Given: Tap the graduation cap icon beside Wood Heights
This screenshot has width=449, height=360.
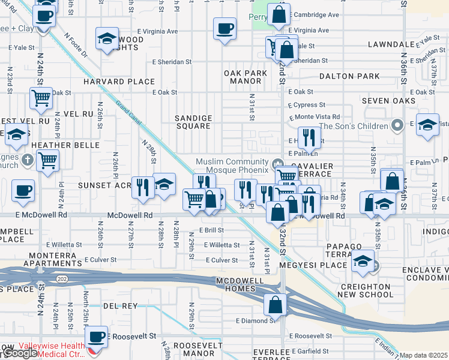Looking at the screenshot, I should (107, 40).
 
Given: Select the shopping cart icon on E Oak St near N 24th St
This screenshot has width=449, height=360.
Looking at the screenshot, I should (41, 97).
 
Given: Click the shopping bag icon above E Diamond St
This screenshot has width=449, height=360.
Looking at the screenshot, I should (275, 305).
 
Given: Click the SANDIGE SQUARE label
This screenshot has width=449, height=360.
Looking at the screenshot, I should (193, 122).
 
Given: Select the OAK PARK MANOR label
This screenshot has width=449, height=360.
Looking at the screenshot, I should (246, 77).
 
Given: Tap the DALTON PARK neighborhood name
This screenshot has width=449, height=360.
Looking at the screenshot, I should (349, 76).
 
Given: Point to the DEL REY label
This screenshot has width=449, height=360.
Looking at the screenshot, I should (120, 306).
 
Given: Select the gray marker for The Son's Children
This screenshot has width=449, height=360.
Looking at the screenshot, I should (396, 125).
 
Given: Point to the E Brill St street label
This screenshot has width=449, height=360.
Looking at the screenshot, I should (211, 230).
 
